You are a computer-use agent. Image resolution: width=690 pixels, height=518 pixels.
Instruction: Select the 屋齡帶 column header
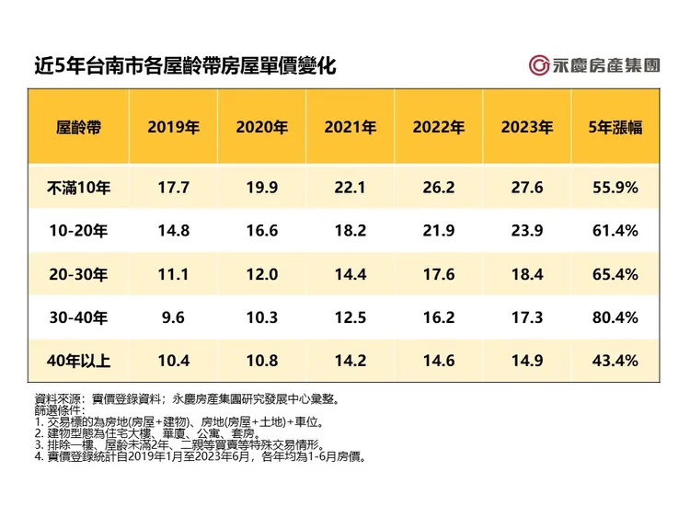78,128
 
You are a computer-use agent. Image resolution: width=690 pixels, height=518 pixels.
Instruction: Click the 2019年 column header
173,128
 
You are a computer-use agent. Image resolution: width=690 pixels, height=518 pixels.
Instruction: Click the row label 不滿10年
78,188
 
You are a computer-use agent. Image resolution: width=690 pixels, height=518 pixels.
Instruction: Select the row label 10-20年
78,231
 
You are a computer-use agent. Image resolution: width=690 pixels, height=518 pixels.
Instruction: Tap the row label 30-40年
78,317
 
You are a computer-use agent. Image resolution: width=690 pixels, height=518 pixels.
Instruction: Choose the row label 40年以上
78,361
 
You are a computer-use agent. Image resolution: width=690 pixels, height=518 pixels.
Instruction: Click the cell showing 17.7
173,188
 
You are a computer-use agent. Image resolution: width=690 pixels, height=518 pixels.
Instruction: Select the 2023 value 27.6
526,188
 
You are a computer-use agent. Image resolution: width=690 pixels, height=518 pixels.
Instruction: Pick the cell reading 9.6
173,317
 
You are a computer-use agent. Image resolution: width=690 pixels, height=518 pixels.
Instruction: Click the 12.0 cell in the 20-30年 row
261,274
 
